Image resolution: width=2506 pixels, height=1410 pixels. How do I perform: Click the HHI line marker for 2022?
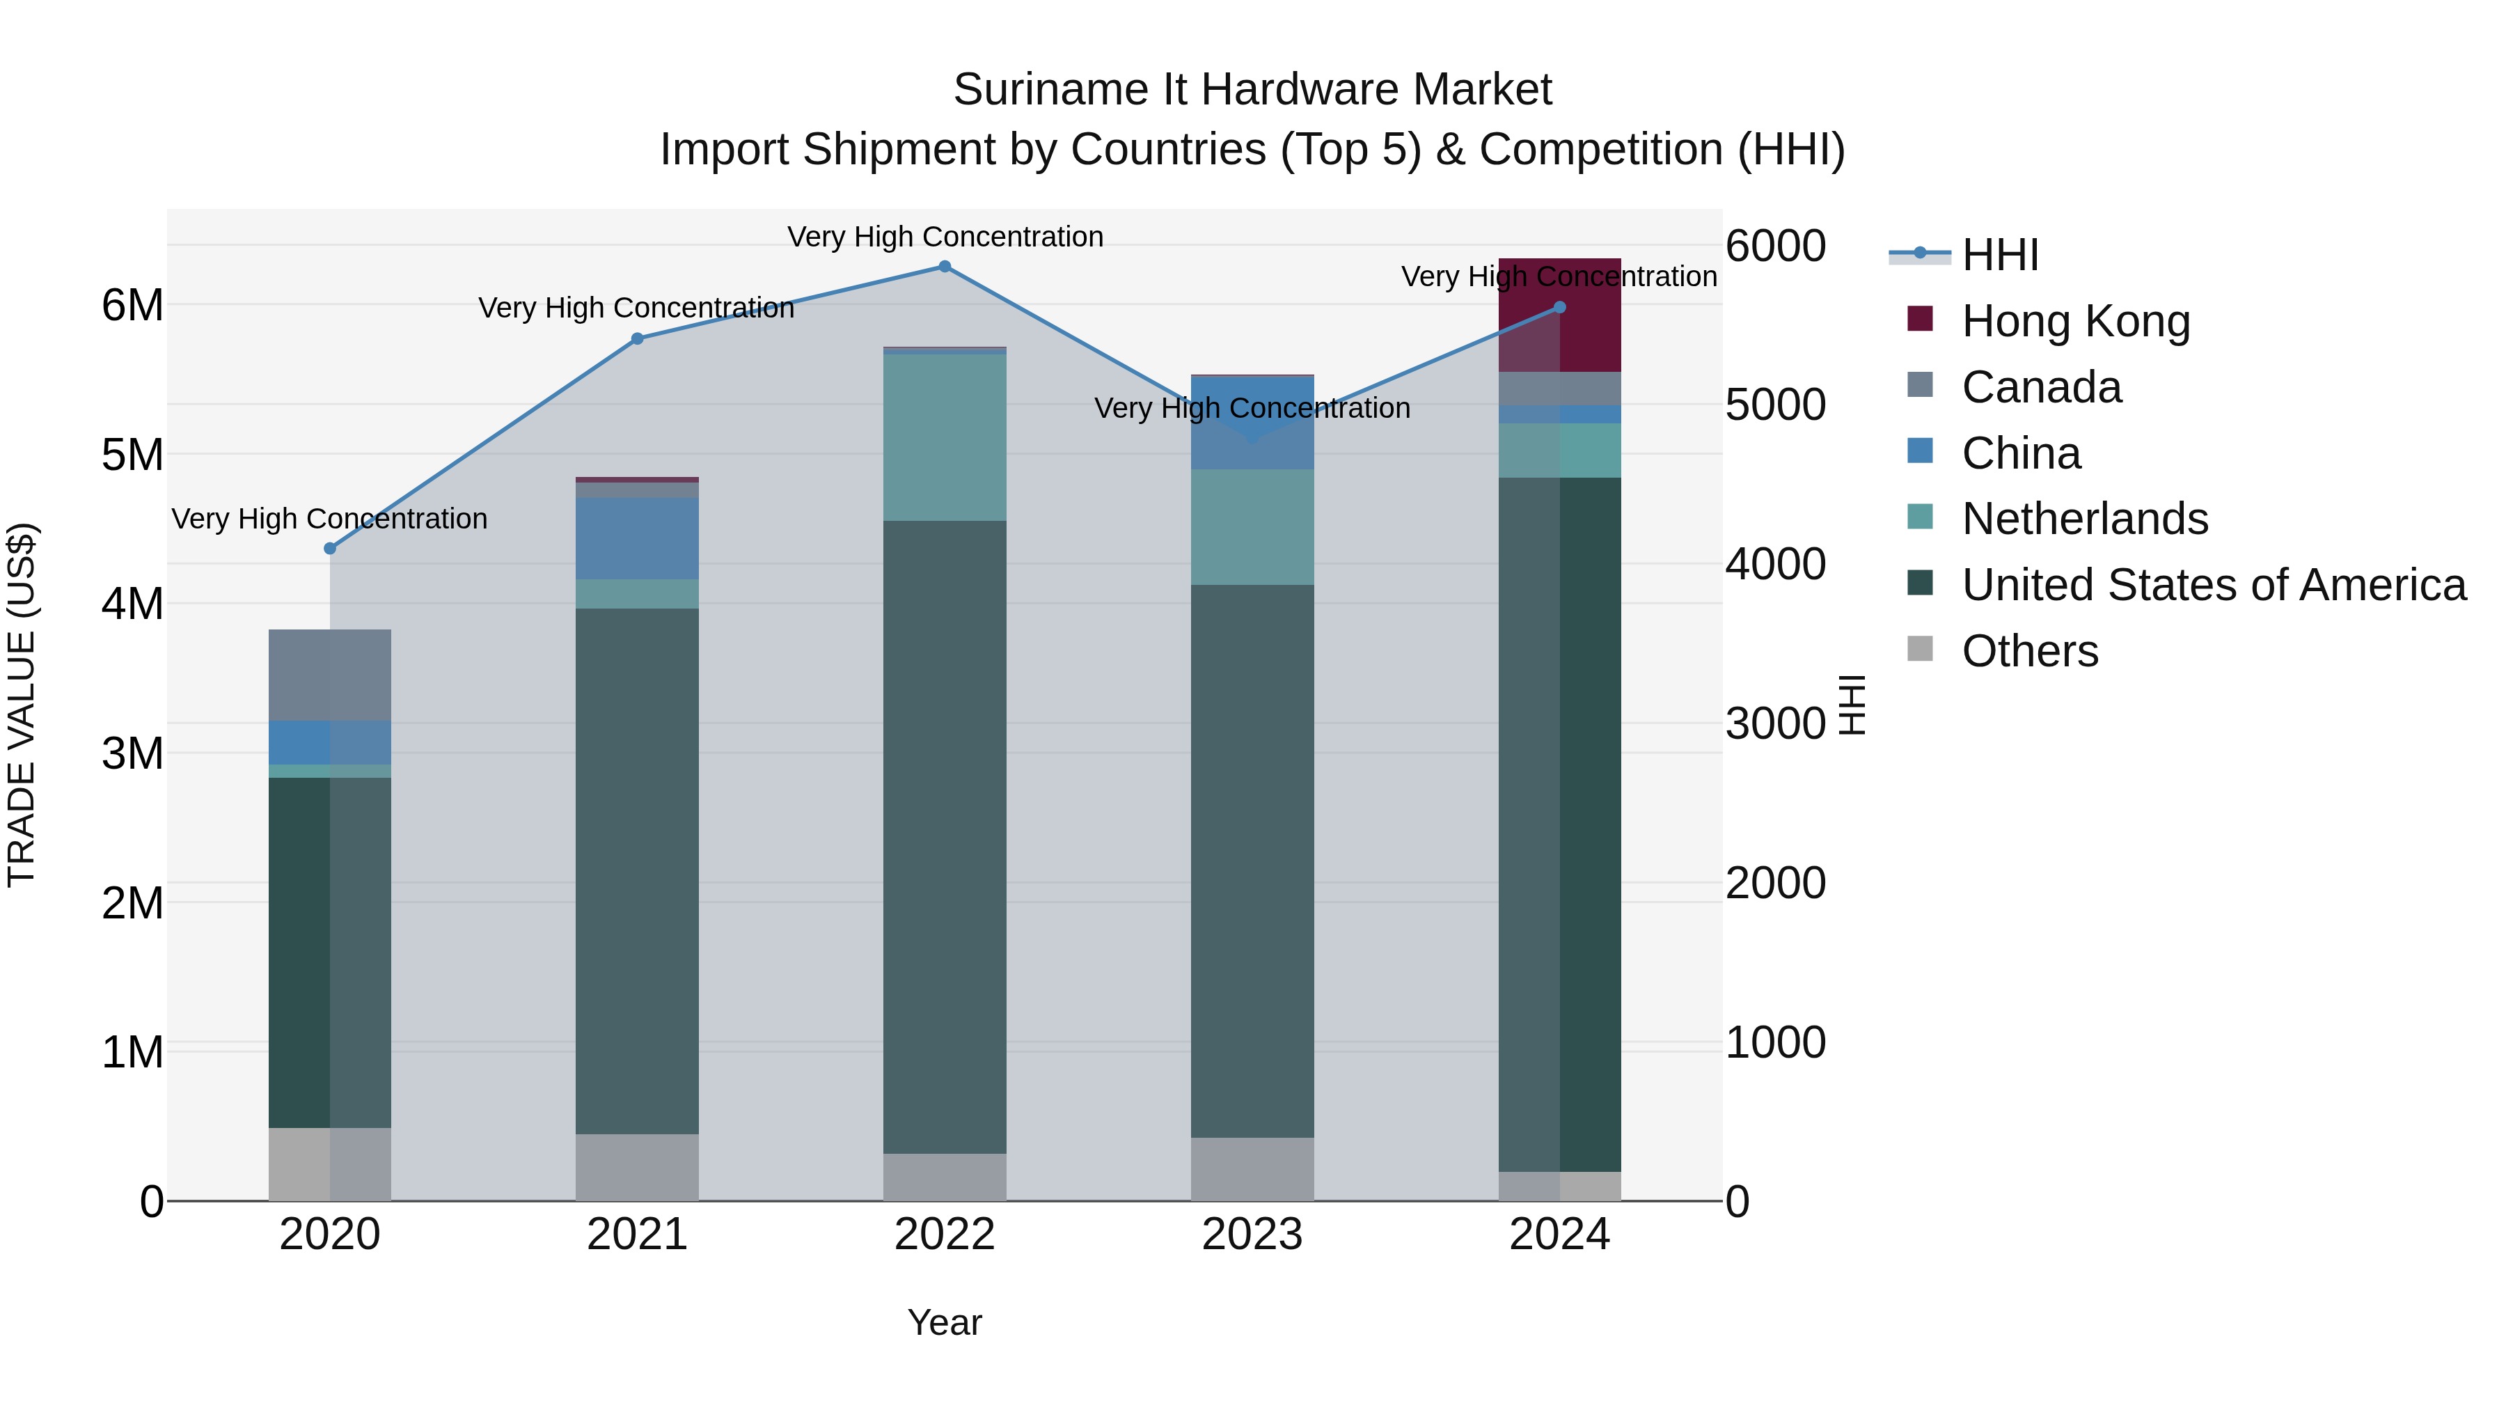[x=944, y=267]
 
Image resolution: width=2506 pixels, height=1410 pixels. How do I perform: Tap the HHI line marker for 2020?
[x=330, y=549]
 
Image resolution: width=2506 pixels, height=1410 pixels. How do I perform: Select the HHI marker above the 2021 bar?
[x=637, y=338]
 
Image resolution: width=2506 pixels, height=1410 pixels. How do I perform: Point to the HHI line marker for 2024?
[x=1559, y=308]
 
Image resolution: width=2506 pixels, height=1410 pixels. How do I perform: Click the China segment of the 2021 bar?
[x=637, y=538]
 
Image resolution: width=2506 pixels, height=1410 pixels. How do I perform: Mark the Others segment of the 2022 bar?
[x=944, y=1177]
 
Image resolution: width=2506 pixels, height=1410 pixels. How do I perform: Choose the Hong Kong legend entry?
[x=2075, y=321]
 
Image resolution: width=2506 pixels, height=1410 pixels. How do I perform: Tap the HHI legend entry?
[x=1999, y=255]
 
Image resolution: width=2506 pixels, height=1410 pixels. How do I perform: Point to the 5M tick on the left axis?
[x=132, y=455]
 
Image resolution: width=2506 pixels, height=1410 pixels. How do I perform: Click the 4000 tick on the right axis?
[x=1775, y=565]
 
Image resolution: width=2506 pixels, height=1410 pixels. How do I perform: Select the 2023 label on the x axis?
[x=1252, y=1235]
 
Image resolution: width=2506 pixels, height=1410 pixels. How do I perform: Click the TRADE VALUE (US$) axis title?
[x=22, y=705]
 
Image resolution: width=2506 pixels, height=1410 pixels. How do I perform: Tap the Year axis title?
[x=944, y=1322]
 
